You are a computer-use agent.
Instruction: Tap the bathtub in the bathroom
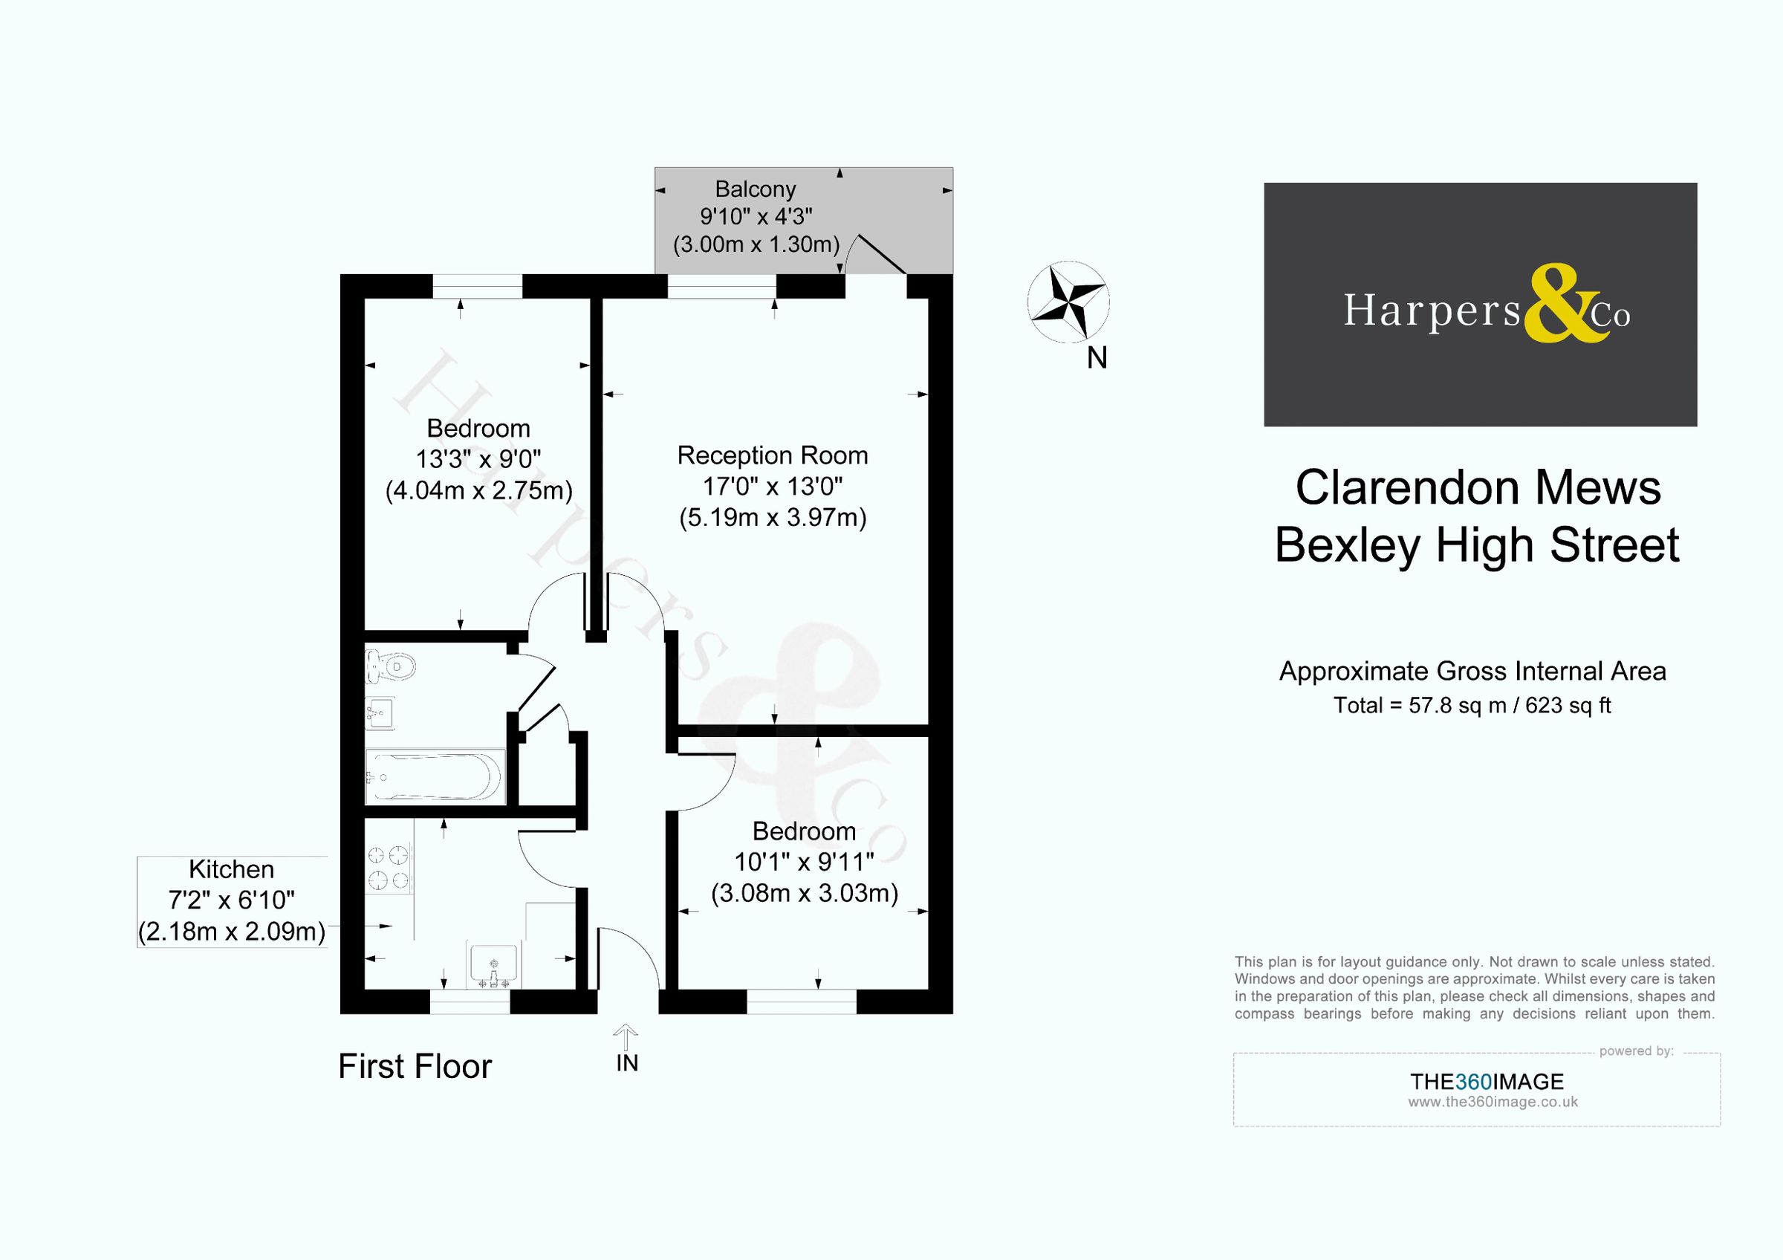pyautogui.click(x=435, y=776)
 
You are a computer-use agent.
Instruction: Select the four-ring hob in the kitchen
pyautogui.click(x=389, y=868)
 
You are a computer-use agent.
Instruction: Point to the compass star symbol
pyautogui.click(x=1068, y=302)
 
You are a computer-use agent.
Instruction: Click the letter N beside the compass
pyautogui.click(x=1097, y=358)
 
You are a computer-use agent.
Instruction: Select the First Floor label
pyautogui.click(x=415, y=1067)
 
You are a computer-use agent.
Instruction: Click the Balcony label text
pyautogui.click(x=755, y=189)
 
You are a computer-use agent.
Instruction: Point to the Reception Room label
pyautogui.click(x=772, y=455)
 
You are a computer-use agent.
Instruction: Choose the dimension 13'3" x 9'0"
pyautogui.click(x=478, y=460)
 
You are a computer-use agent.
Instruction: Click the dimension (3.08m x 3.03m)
pyautogui.click(x=805, y=894)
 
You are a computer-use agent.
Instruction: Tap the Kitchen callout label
pyautogui.click(x=231, y=868)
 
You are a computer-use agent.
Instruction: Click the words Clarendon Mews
pyautogui.click(x=1478, y=488)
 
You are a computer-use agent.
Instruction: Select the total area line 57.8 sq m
pyautogui.click(x=1472, y=705)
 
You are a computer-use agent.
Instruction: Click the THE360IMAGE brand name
pyautogui.click(x=1487, y=1082)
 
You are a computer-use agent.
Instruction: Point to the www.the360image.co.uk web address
pyautogui.click(x=1493, y=1102)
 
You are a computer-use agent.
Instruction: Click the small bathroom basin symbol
pyautogui.click(x=380, y=712)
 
